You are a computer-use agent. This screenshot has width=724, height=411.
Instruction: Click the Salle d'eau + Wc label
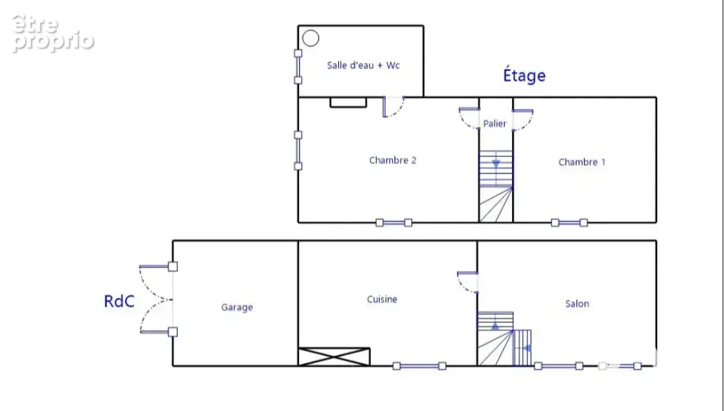[363, 66]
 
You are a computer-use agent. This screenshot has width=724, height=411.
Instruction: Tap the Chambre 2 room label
[393, 160]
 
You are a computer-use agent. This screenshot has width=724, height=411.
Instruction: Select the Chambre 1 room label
[582, 162]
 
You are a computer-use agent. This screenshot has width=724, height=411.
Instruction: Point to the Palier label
[495, 124]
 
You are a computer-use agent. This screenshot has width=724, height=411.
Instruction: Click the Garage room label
[237, 307]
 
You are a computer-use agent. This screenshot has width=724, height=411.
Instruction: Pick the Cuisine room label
[382, 299]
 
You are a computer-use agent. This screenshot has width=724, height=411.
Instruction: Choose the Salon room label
[577, 303]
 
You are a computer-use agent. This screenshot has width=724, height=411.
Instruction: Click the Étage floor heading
[524, 75]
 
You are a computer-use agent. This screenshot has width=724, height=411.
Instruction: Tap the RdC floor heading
[119, 301]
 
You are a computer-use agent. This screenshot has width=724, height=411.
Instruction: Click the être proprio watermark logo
[53, 34]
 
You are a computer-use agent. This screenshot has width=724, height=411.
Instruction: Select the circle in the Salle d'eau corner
[311, 39]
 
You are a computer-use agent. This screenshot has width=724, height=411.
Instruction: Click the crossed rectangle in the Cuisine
[334, 357]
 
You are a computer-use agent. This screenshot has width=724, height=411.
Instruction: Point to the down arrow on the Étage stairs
[496, 164]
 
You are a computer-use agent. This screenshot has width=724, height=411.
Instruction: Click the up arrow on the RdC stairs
[495, 326]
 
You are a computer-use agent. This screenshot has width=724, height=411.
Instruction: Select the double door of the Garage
[157, 299]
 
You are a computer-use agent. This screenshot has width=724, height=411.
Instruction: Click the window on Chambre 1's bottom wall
[569, 223]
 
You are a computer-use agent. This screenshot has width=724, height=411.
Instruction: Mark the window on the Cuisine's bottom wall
[420, 366]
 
